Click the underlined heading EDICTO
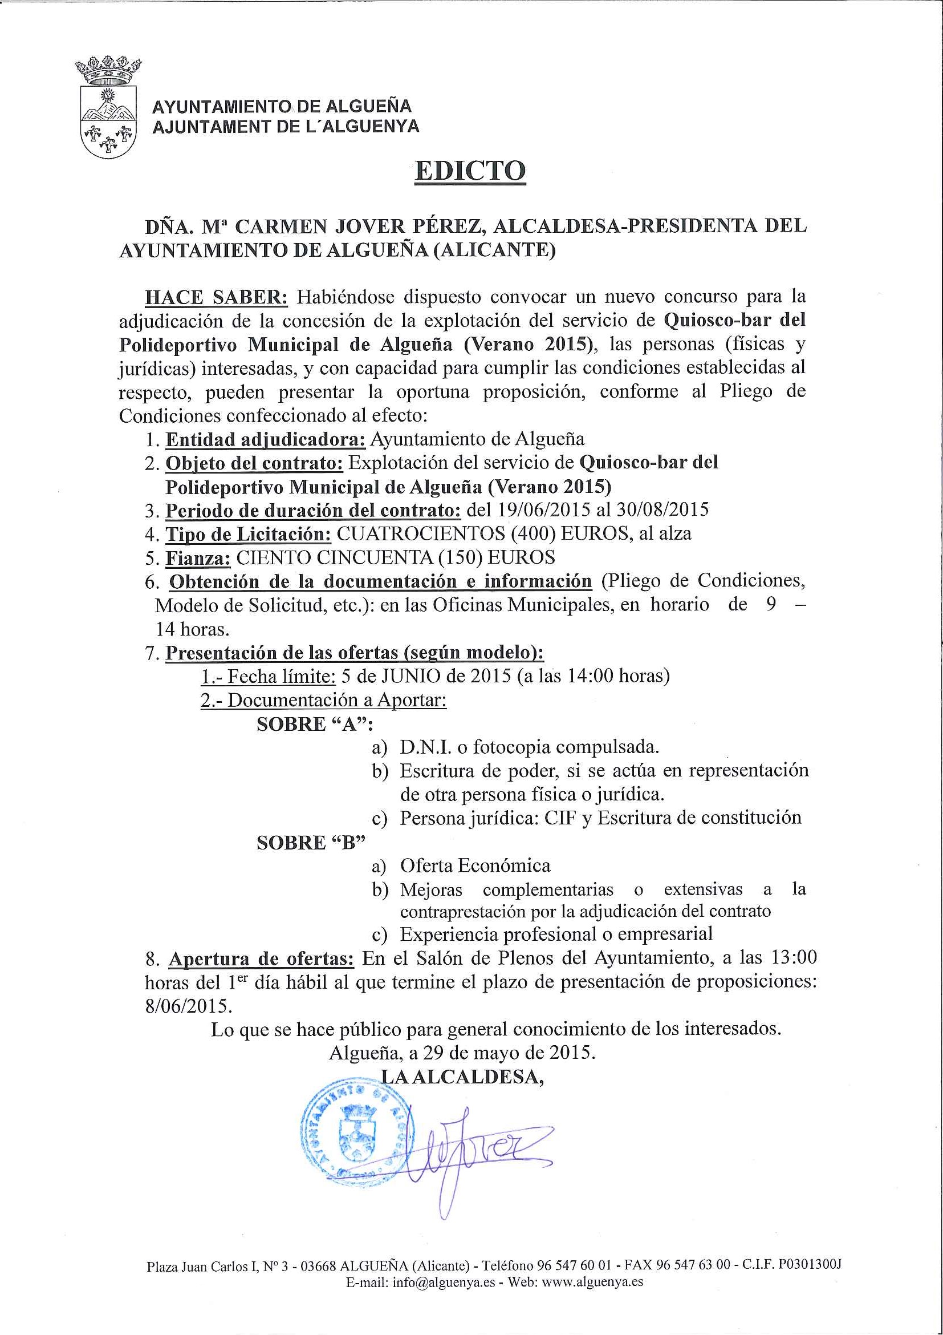(x=470, y=171)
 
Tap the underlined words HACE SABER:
(x=216, y=297)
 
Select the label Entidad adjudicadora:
(x=266, y=439)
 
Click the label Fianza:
(x=198, y=557)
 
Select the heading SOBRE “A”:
(x=315, y=725)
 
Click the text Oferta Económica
(x=475, y=866)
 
